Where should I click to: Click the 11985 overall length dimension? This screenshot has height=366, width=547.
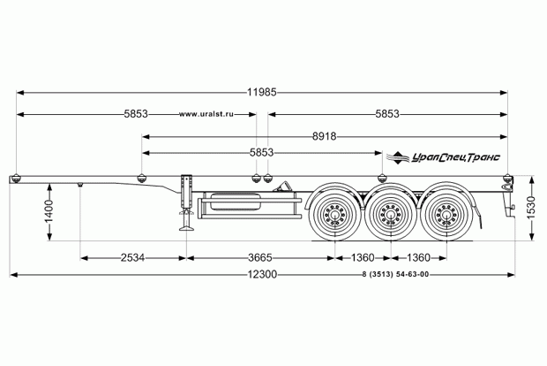pyautogui.click(x=262, y=92)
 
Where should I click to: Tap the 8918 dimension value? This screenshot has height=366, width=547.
pyautogui.click(x=324, y=136)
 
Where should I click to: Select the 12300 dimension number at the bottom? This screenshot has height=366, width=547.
pyautogui.click(x=262, y=275)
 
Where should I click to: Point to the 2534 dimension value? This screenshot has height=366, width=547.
pyautogui.click(x=132, y=258)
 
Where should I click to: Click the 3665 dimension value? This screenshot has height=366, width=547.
pyautogui.click(x=260, y=258)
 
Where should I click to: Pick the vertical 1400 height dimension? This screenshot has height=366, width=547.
pyautogui.click(x=49, y=211)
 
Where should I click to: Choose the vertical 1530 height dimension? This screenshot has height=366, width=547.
pyautogui.click(x=531, y=208)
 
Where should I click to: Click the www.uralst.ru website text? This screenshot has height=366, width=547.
pyautogui.click(x=206, y=114)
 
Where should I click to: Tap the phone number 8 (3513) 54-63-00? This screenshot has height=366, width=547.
pyautogui.click(x=395, y=275)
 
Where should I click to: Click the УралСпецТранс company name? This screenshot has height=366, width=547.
pyautogui.click(x=455, y=158)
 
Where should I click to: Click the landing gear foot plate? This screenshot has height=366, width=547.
pyautogui.click(x=187, y=228)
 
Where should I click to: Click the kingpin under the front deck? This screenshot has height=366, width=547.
pyautogui.click(x=80, y=184)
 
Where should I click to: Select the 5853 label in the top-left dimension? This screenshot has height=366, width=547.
pyautogui.click(x=136, y=114)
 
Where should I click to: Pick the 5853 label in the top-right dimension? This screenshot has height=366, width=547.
pyautogui.click(x=387, y=114)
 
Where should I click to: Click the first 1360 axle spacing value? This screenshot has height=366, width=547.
pyautogui.click(x=363, y=258)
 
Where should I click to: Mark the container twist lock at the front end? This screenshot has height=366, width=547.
pyautogui.click(x=16, y=178)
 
